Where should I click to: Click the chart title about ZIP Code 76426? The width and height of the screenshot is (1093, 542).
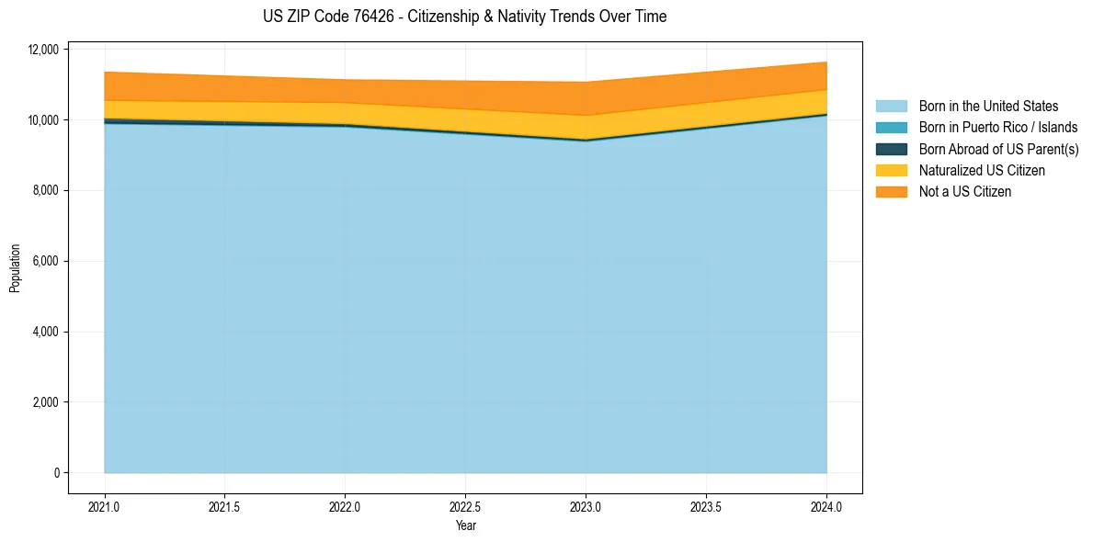pyautogui.click(x=464, y=17)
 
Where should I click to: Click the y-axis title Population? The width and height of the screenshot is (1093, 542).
pyautogui.click(x=15, y=268)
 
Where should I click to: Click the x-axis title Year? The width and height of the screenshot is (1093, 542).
pyautogui.click(x=465, y=525)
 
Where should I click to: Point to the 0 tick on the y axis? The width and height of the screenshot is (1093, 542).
pyautogui.click(x=55, y=473)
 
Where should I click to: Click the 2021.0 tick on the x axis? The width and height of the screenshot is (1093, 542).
pyautogui.click(x=104, y=506)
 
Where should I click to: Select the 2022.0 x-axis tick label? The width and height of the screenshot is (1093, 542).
pyautogui.click(x=345, y=506)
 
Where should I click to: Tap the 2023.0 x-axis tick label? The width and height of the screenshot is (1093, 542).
pyautogui.click(x=586, y=506)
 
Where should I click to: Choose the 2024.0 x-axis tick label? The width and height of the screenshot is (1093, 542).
pyautogui.click(x=826, y=506)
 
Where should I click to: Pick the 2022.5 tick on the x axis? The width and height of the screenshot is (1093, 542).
pyautogui.click(x=465, y=506)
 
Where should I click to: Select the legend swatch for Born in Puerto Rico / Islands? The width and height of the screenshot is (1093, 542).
pyautogui.click(x=891, y=128)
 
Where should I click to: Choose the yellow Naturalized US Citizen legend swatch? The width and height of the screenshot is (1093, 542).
pyautogui.click(x=891, y=170)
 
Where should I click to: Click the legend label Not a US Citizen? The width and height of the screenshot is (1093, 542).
pyautogui.click(x=964, y=192)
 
